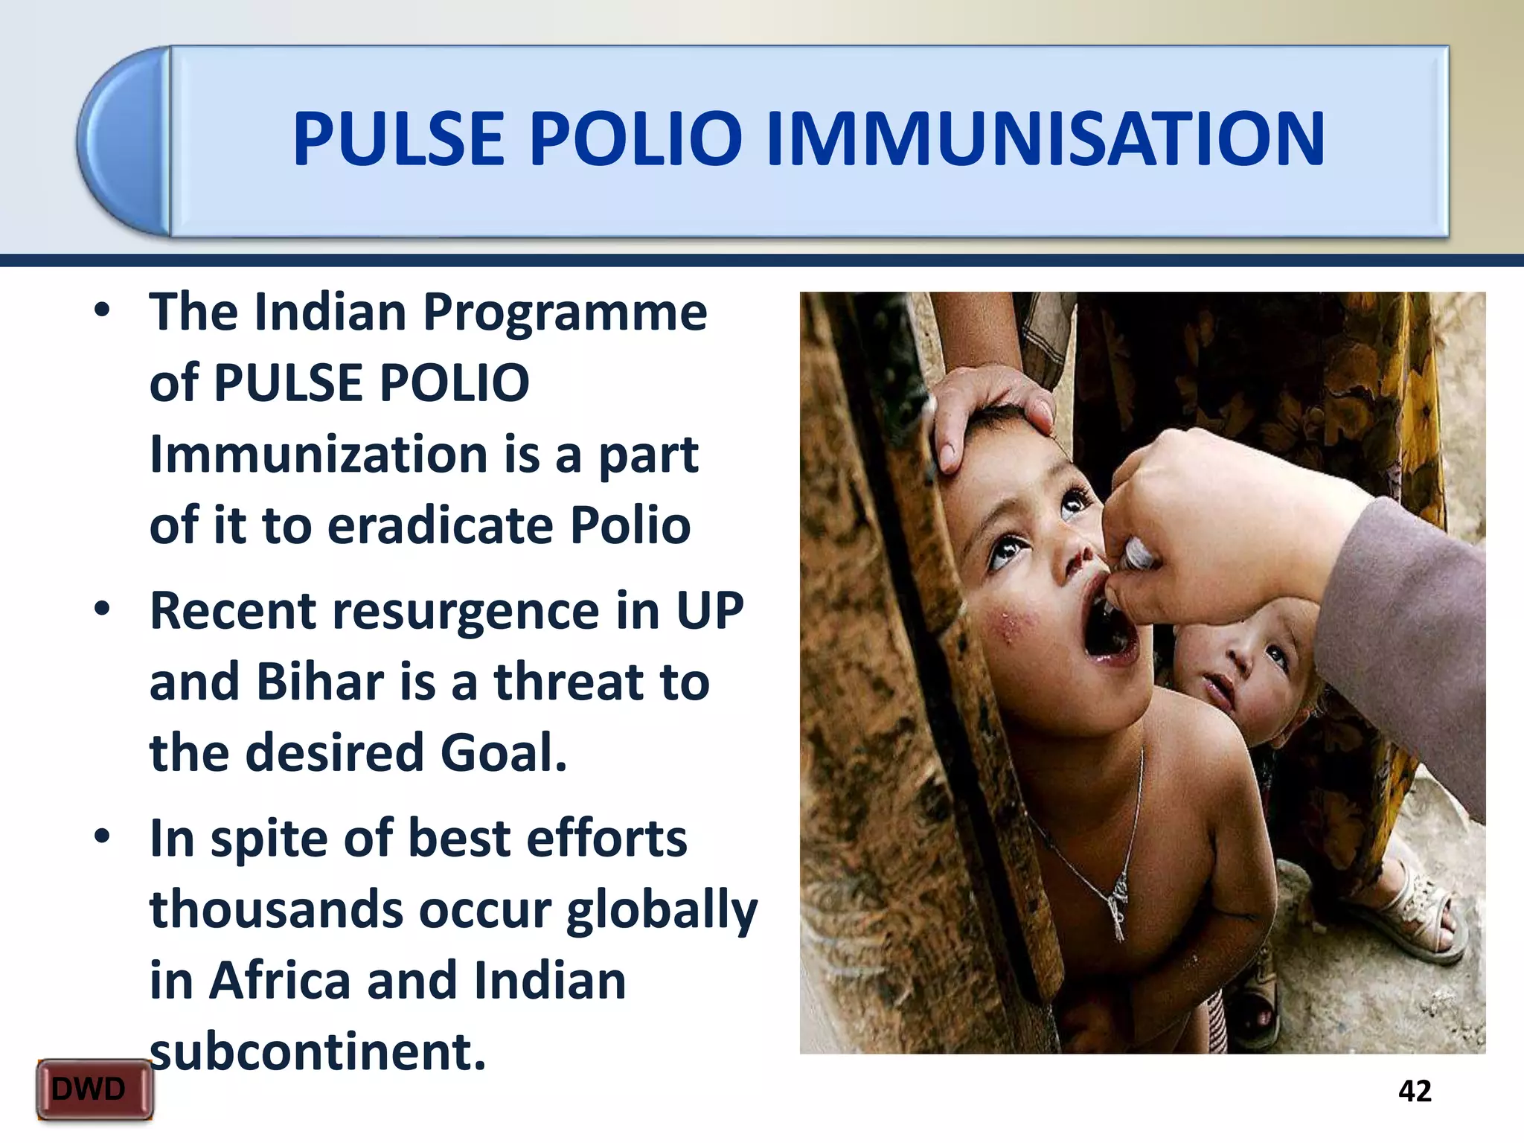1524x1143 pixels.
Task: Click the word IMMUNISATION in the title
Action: (1046, 138)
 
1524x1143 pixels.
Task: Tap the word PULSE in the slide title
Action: (399, 138)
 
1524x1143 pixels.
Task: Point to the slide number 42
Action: (1415, 1091)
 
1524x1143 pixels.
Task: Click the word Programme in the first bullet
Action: (566, 313)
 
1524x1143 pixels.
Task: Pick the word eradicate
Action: (439, 525)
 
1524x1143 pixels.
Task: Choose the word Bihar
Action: (320, 682)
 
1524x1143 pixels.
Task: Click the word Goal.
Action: (504, 753)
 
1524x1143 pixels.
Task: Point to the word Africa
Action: (279, 981)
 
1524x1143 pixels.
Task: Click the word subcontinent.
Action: (318, 1051)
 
